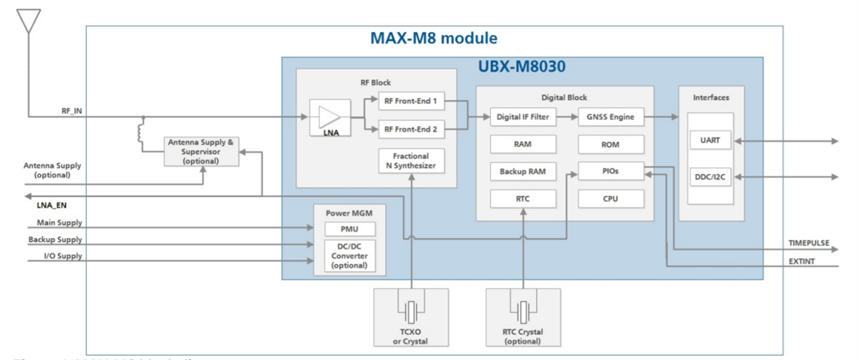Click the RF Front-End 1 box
tap(410, 102)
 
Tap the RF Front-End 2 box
tap(410, 130)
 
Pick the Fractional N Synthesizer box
tap(411, 161)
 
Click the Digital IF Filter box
tap(523, 117)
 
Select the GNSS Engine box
tap(611, 117)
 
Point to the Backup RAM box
tap(523, 172)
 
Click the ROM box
tap(611, 145)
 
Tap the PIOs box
tap(611, 172)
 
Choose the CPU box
tap(611, 199)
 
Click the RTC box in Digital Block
tap(523, 199)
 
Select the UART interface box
tap(710, 140)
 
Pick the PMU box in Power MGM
tap(350, 229)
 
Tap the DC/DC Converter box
tap(350, 255)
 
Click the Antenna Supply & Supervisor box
tap(200, 151)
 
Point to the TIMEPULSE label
tap(809, 243)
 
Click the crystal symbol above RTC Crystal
tap(524, 311)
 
